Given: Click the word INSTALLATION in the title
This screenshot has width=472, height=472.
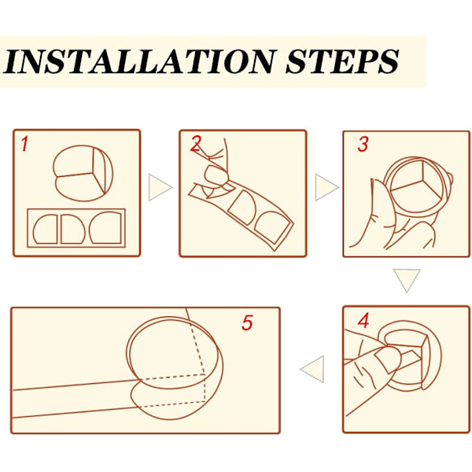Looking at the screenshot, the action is click(140, 61).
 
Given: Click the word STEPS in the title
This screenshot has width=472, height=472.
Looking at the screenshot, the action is click(342, 61).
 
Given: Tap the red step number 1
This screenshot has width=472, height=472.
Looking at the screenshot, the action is click(24, 144).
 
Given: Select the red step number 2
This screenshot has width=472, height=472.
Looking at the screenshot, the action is click(196, 144).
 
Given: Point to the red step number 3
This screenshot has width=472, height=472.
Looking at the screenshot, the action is click(363, 144).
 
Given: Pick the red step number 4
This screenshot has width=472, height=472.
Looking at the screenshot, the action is click(363, 320).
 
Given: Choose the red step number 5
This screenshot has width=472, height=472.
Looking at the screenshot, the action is click(247, 323).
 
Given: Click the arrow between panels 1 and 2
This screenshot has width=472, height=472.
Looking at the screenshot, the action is click(160, 187).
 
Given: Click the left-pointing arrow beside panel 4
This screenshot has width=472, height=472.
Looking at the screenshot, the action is click(312, 369).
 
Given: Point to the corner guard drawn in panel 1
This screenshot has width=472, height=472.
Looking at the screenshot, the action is click(83, 173).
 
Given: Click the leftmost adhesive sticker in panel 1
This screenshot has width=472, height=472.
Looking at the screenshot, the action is click(46, 229).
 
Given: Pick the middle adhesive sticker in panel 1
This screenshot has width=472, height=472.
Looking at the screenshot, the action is click(73, 229).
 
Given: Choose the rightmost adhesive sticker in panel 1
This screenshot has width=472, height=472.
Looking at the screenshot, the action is click(105, 227).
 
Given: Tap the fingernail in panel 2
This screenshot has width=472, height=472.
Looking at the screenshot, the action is click(216, 175).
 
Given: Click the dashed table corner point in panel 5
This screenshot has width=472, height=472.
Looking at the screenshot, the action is click(205, 375).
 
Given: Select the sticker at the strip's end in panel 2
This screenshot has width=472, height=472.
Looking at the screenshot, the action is click(272, 227).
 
